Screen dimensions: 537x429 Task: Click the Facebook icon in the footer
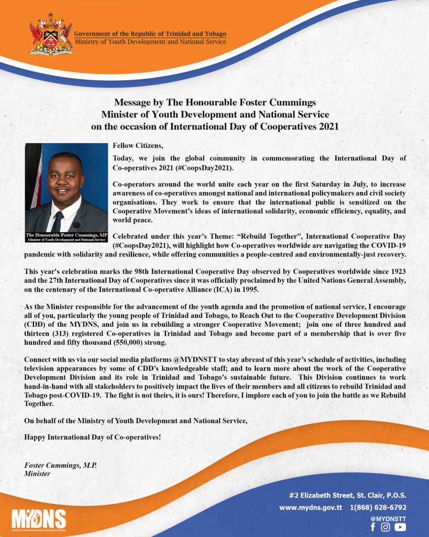tap(373, 527)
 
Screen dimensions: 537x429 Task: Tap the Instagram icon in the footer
tap(386, 527)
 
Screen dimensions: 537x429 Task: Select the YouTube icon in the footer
tap(400, 527)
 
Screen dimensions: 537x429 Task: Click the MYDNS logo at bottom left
tap(38, 519)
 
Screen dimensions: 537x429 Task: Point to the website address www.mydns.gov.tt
tap(311, 508)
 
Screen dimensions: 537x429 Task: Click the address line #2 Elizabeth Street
tap(348, 495)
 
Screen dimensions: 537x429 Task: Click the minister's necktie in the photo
tap(58, 220)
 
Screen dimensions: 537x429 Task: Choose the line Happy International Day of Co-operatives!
tap(93, 437)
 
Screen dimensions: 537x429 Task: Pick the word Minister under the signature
tap(37, 474)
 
